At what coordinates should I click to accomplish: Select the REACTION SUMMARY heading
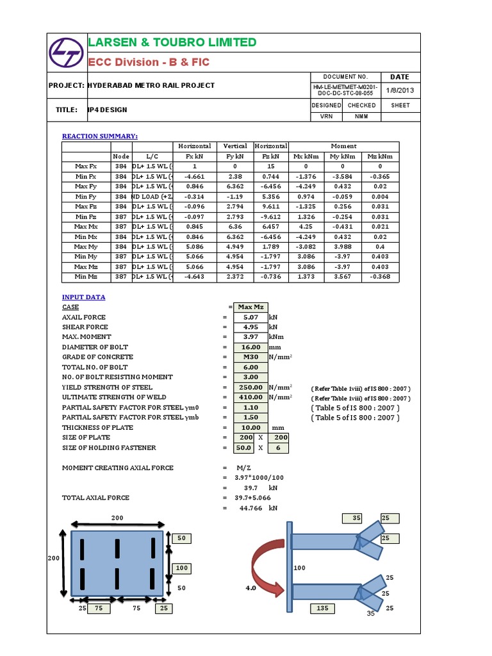[99, 136]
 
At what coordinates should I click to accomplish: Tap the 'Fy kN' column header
[235, 156]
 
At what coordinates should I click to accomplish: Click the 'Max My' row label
[86, 247]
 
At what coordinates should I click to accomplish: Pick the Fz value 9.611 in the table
[271, 206]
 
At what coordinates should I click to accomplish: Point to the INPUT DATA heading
[84, 297]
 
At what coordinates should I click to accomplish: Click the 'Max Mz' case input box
[250, 307]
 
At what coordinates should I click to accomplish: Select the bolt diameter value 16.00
[250, 347]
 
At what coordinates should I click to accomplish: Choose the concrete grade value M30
[250, 357]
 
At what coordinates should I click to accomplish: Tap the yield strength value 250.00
[250, 387]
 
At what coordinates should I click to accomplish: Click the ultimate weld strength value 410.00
[250, 397]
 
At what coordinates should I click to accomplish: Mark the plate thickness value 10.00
[250, 427]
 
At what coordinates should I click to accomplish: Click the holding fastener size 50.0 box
[243, 448]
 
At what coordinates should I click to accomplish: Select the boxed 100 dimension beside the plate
[182, 568]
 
